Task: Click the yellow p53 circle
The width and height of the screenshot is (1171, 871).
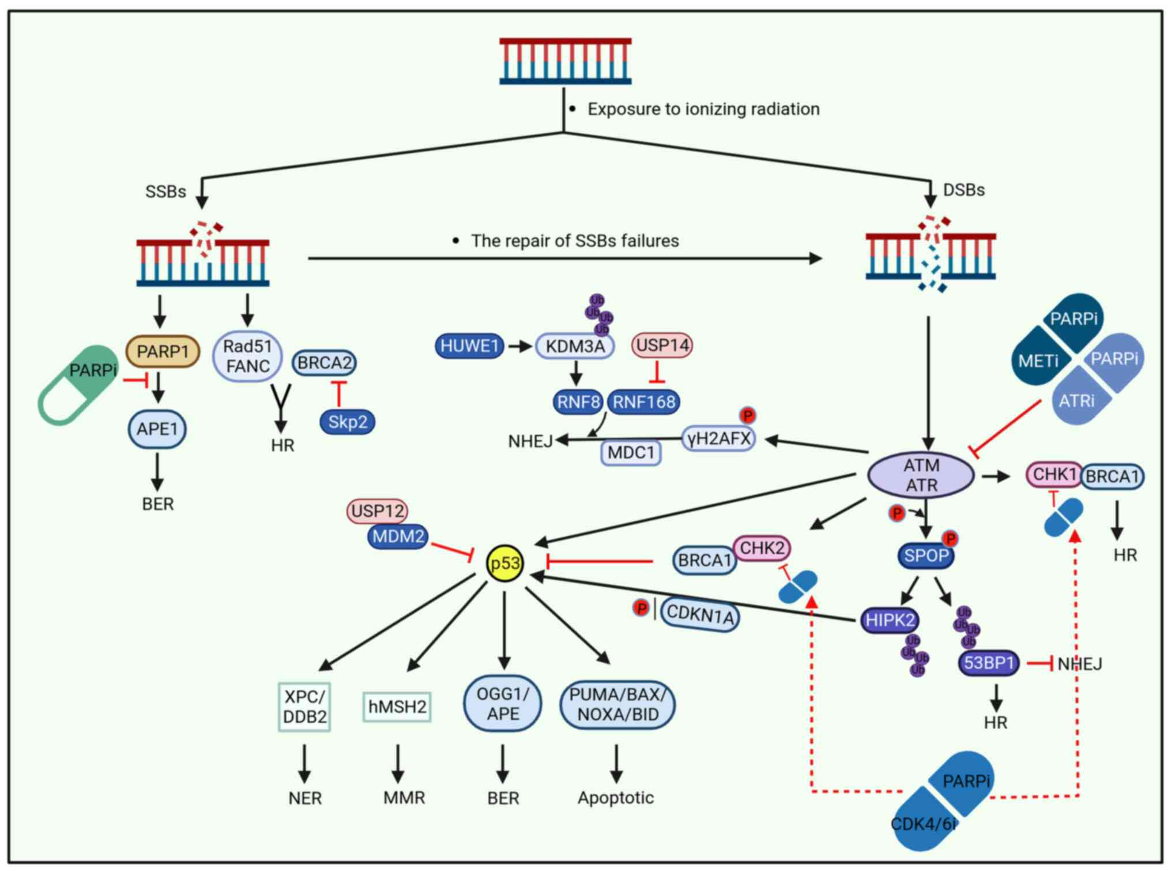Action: [x=505, y=564]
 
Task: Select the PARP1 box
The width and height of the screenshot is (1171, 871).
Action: [x=163, y=351]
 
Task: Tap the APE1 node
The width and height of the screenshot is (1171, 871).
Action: [x=157, y=429]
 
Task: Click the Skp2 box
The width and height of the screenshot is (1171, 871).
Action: [x=347, y=422]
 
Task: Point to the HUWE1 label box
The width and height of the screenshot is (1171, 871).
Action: [x=469, y=346]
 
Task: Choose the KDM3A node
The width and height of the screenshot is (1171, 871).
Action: [x=575, y=346]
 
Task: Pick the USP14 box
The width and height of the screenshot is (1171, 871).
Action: [x=662, y=346]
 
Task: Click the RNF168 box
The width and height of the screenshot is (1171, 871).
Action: [x=643, y=402]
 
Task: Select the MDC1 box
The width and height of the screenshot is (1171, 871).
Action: [x=631, y=452]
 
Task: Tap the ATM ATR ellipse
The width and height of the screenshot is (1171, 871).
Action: [x=921, y=475]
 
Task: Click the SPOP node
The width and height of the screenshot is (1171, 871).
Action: [x=926, y=555]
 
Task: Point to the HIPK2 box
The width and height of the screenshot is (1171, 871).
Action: [x=890, y=620]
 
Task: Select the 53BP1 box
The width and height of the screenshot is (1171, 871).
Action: [x=988, y=663]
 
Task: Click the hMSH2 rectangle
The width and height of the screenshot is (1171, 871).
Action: [x=397, y=707]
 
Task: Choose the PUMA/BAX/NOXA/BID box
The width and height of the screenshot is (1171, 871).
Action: [x=617, y=705]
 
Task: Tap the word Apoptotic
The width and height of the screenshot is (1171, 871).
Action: [x=616, y=798]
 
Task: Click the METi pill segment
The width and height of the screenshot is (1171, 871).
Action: [x=1039, y=361]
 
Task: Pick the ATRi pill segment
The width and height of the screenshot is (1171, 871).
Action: [x=1076, y=400]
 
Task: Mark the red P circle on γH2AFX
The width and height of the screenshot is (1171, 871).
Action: [x=747, y=415]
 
